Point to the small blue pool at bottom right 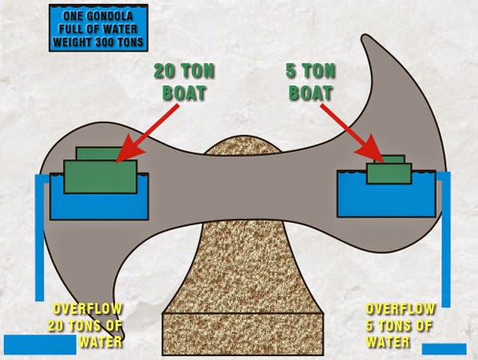443,348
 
